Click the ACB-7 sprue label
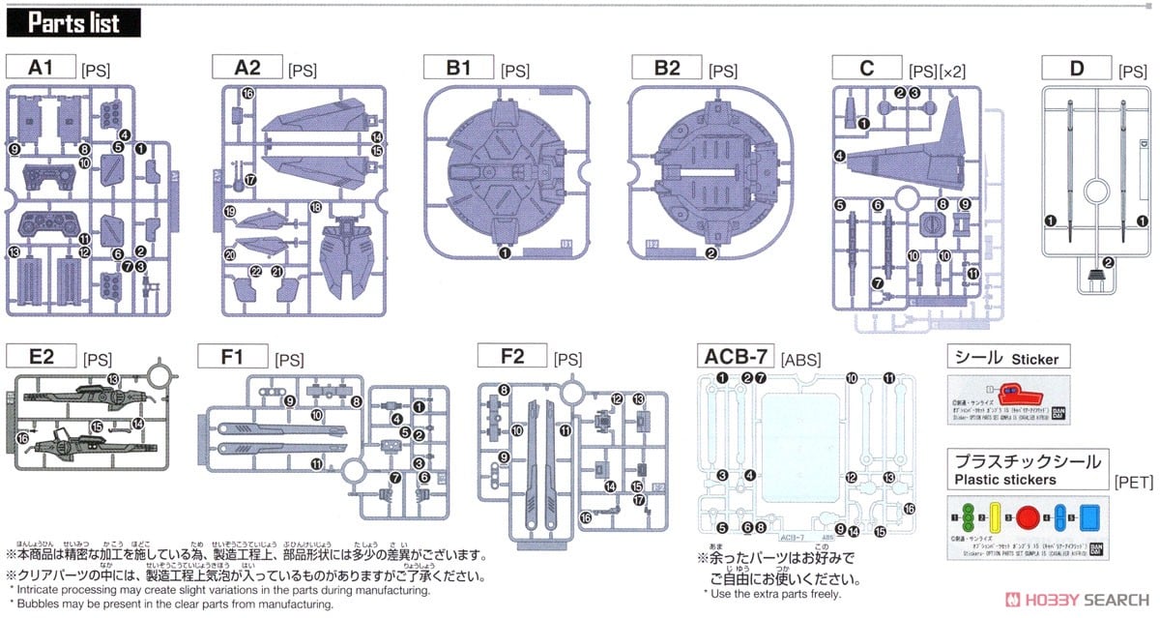coord(737,357)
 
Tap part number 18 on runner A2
coord(315,208)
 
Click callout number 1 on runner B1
coord(505,253)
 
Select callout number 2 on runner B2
coord(711,253)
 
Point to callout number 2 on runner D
coord(1109,262)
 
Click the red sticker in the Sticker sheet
coord(1015,393)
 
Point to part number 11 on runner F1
coord(316,464)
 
